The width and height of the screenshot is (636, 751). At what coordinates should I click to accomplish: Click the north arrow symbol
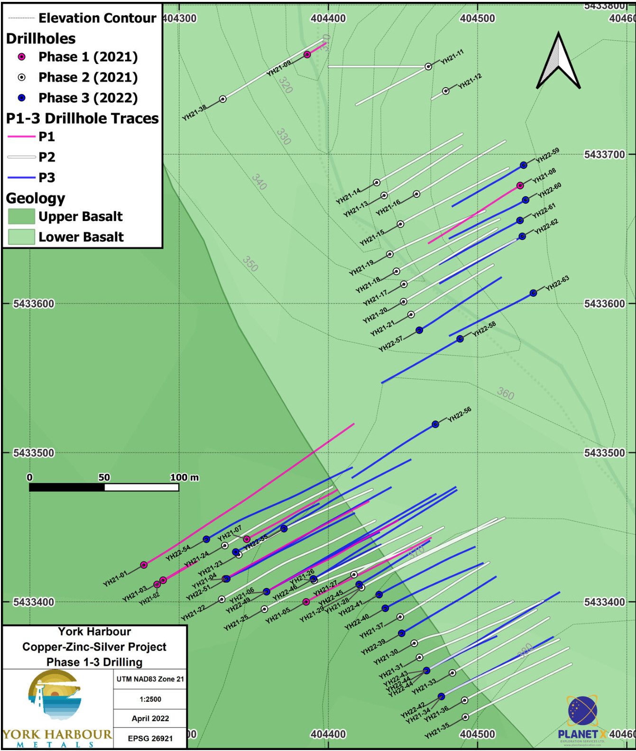558,62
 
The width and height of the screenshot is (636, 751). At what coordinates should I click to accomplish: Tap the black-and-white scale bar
104,487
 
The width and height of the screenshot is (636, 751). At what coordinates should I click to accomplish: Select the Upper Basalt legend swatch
21,217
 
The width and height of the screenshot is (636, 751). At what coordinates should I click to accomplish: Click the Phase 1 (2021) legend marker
21,57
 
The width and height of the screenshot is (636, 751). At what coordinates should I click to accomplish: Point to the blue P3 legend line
21,178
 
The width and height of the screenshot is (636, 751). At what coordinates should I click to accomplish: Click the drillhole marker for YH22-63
533,293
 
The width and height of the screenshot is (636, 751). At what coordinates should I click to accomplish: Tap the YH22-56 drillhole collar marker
435,424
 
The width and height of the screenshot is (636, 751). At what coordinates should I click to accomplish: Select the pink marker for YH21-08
520,185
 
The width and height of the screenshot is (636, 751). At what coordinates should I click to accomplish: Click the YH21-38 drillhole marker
222,99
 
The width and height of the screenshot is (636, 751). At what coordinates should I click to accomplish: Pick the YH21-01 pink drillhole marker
144,565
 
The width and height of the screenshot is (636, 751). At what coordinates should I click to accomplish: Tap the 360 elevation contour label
506,393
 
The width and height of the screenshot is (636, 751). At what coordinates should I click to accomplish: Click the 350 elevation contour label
250,264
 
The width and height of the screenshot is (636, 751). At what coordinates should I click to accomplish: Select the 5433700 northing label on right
604,155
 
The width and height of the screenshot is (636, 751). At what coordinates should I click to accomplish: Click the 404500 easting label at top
477,18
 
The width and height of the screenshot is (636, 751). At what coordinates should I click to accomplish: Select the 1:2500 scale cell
150,699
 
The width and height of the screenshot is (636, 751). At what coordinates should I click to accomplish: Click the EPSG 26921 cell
150,738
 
